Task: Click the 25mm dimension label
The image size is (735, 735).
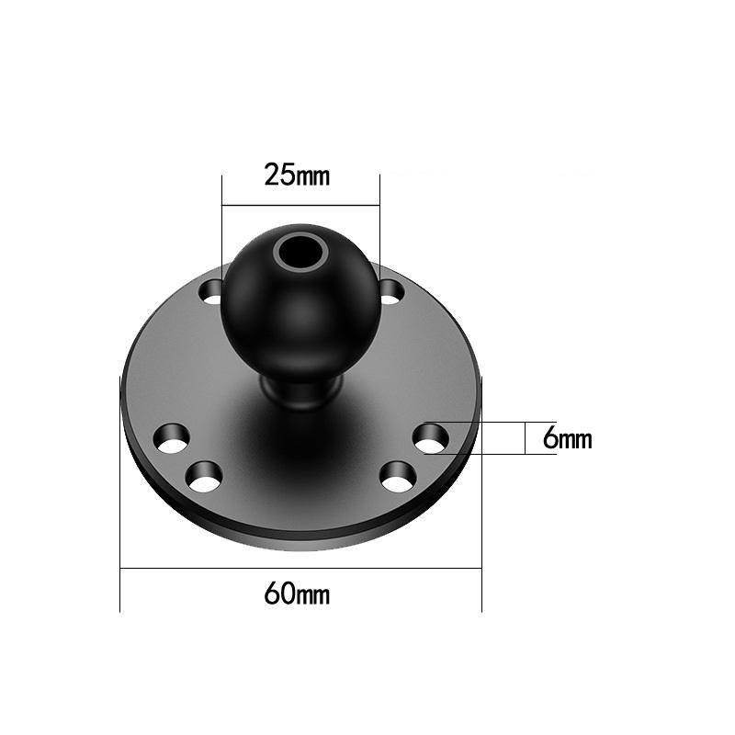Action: [x=296, y=175]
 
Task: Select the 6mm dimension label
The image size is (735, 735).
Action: [x=567, y=439]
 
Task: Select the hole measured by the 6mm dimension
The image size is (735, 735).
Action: [x=429, y=438]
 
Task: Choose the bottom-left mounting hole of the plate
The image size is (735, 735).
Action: [x=205, y=476]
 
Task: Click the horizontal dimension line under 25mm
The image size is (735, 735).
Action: [x=300, y=205]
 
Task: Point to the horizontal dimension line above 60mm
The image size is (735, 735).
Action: [x=300, y=568]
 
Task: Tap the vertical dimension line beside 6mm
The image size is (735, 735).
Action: [x=525, y=438]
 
